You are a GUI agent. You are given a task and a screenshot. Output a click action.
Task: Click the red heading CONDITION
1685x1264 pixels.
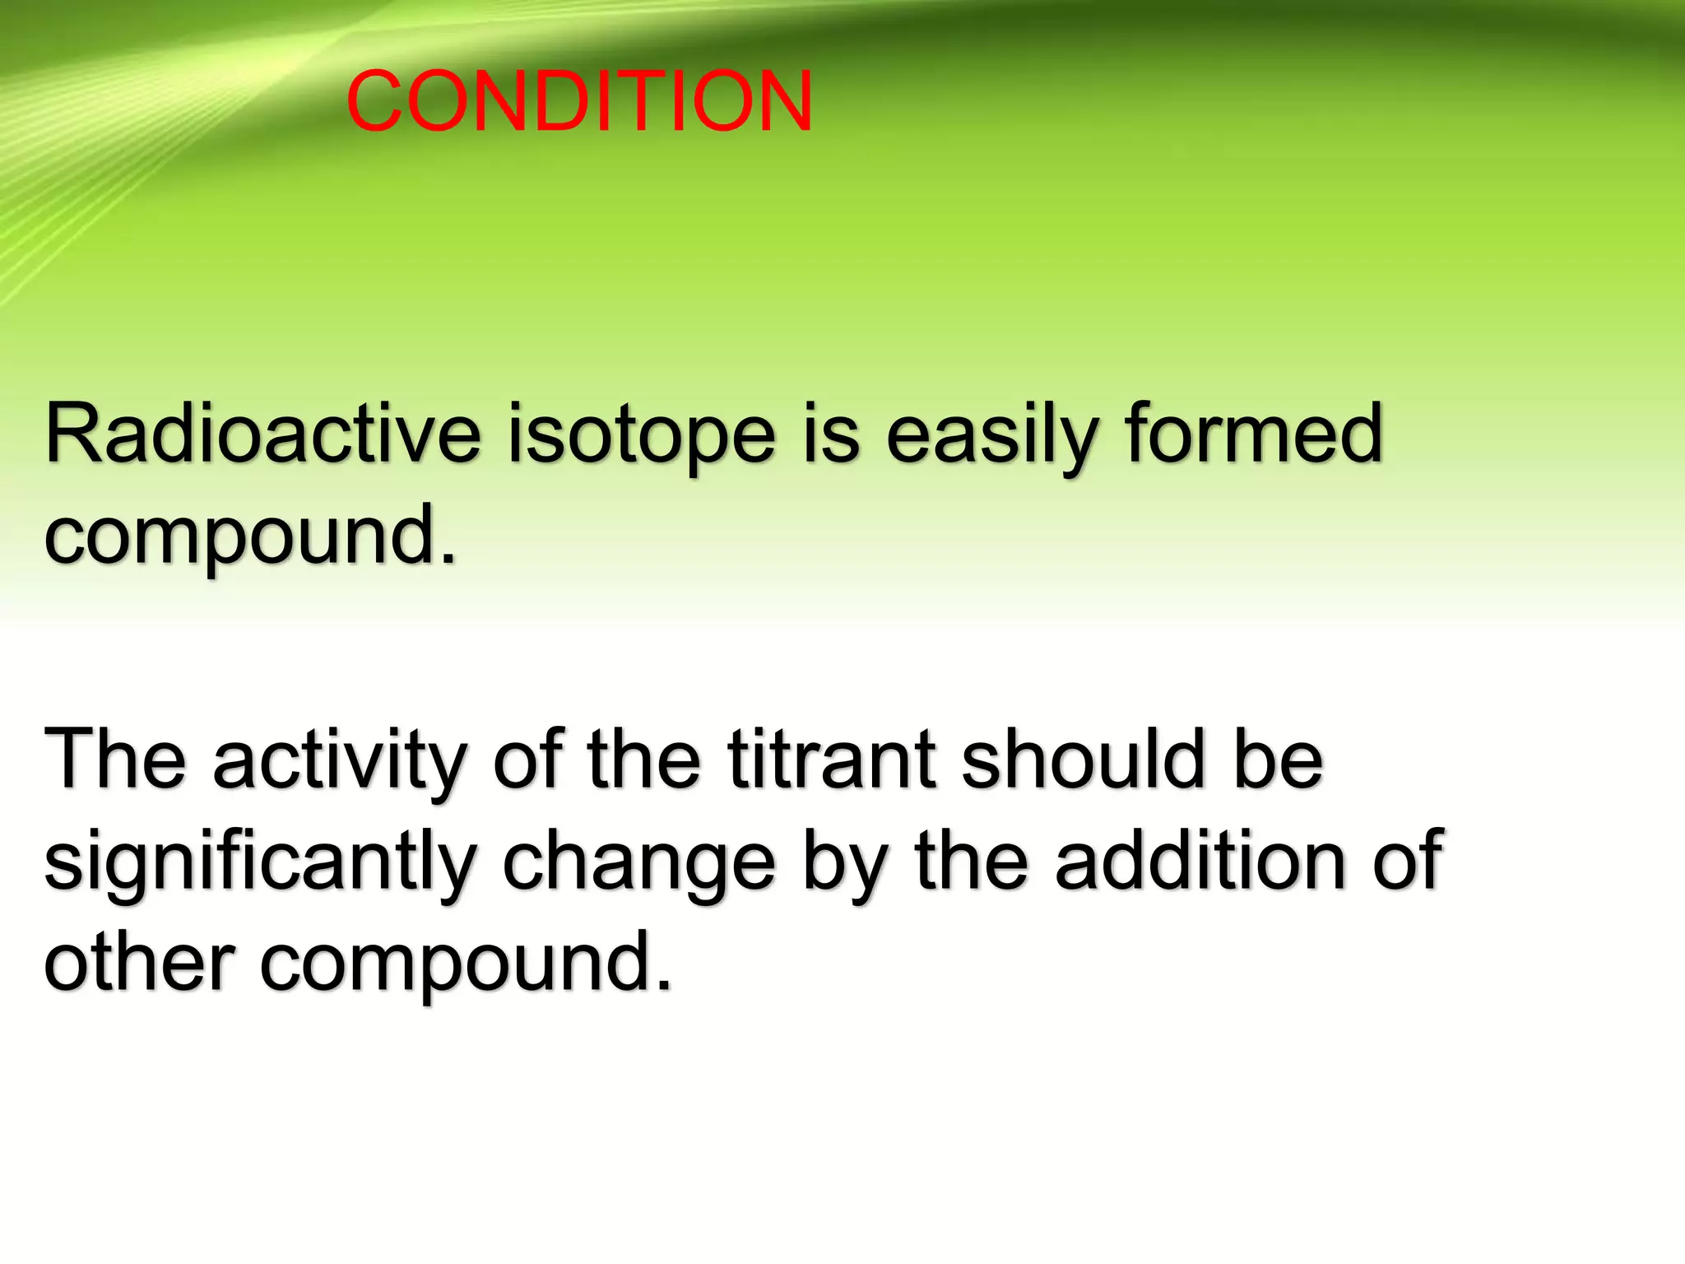580,101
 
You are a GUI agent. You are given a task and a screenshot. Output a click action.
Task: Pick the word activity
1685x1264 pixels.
340,761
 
